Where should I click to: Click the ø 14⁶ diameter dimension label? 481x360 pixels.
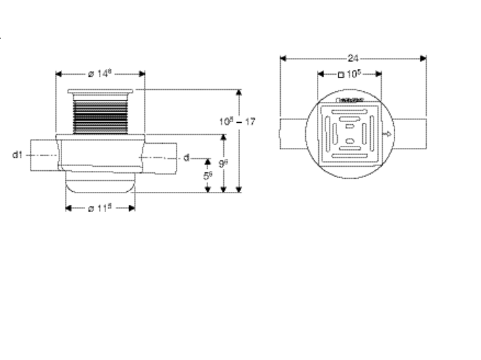[101, 73]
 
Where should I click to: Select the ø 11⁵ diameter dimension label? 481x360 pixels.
[101, 208]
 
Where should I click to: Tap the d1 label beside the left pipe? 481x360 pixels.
[18, 154]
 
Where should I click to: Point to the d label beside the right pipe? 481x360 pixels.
[186, 158]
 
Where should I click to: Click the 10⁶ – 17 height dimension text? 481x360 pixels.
[237, 121]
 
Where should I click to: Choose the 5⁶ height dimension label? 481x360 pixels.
[207, 176]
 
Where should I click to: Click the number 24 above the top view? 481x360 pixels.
[353, 59]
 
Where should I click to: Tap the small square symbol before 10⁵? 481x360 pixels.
[340, 74]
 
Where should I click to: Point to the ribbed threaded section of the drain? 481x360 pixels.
[101, 115]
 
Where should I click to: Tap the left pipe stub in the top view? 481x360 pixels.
[293, 135]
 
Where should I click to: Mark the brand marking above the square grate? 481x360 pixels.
[349, 102]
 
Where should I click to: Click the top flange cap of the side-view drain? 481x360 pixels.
[101, 92]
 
